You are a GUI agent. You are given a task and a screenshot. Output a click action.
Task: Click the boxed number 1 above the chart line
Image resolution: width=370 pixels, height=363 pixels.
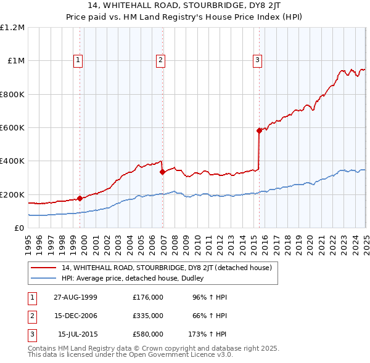click(79, 60)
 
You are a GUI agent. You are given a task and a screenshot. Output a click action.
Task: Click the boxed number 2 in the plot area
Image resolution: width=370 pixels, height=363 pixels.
click(160, 60)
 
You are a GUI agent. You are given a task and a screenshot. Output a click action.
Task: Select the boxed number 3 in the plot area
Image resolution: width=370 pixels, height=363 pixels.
click(257, 60)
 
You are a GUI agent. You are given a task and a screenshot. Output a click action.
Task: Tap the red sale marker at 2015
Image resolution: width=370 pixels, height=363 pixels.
click(259, 130)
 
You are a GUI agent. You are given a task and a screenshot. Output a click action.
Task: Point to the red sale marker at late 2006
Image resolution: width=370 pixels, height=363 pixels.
click(162, 172)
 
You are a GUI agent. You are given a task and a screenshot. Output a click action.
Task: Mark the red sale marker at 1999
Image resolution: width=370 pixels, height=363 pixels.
click(80, 198)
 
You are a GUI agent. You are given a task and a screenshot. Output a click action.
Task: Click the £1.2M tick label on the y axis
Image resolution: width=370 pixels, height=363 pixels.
click(12, 28)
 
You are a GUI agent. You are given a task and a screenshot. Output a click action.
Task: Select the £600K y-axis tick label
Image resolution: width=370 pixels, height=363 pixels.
click(12, 128)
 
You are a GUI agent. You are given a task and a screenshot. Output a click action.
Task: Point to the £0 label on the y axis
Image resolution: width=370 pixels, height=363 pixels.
click(18, 228)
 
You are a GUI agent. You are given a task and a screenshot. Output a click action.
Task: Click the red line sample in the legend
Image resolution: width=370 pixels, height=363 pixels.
click(44, 268)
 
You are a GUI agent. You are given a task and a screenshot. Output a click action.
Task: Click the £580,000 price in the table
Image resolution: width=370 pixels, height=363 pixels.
click(148, 334)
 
